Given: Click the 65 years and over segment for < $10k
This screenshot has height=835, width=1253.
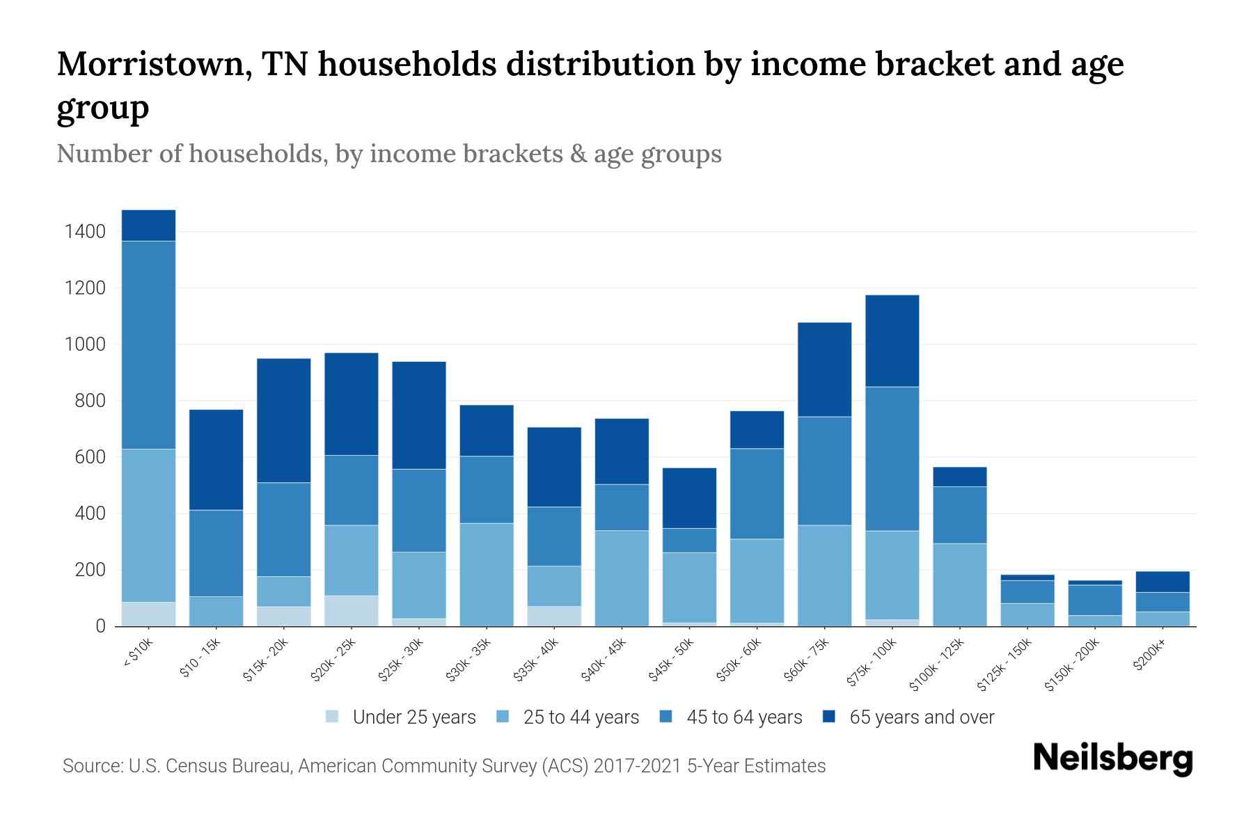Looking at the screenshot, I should (x=148, y=225).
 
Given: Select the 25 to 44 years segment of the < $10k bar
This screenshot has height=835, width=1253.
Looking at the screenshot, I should (x=148, y=525).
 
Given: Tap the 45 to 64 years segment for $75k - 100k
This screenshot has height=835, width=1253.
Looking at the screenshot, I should (x=892, y=459).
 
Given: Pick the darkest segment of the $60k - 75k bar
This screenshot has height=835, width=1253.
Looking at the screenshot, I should (x=824, y=369).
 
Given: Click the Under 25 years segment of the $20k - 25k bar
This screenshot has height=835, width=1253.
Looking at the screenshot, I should (x=352, y=611).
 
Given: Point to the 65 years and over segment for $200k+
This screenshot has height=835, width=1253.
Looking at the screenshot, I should (x=1162, y=582).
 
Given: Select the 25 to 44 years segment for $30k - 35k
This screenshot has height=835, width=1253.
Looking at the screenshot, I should (x=487, y=575).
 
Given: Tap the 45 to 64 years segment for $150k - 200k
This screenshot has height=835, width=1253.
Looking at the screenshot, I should (x=1094, y=601).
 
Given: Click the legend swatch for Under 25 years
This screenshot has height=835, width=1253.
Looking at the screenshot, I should (x=333, y=717).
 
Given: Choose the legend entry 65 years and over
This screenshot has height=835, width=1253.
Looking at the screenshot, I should (x=921, y=717).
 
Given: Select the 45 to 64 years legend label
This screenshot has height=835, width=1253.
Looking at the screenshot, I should (x=743, y=717).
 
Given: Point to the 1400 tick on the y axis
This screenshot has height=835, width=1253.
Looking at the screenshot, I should (x=85, y=232).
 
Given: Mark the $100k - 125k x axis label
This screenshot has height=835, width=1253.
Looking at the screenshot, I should (x=938, y=665).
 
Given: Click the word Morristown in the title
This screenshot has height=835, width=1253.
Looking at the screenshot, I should (x=155, y=64).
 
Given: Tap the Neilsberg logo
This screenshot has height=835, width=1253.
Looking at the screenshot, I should (x=1112, y=758).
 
